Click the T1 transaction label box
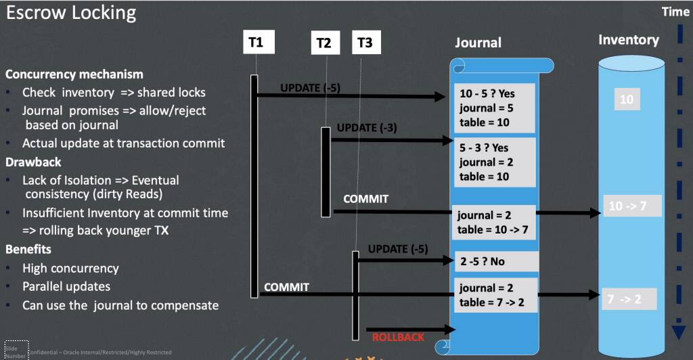(256, 43)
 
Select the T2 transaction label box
(323, 43)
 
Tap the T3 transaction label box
(364, 43)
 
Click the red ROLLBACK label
(398, 337)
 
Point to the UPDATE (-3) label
(367, 128)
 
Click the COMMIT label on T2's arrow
(366, 199)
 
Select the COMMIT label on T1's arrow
(286, 287)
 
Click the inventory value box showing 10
(627, 100)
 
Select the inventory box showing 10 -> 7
(632, 206)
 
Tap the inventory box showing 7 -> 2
(629, 298)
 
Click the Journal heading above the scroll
(478, 43)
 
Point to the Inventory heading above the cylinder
(628, 40)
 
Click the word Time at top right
(675, 12)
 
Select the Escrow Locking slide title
(71, 13)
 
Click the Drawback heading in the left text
(33, 162)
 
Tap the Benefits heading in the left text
(28, 250)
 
